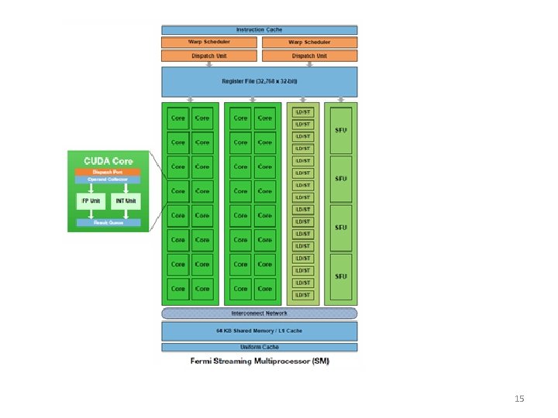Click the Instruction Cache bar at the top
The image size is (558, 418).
259,29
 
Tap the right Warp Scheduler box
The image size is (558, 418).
309,42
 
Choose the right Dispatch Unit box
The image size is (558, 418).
309,56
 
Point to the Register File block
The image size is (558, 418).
259,81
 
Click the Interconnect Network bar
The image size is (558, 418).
259,313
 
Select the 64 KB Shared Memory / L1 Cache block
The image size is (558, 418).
259,331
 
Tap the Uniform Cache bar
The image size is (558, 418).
259,347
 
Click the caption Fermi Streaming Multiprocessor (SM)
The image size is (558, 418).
259,361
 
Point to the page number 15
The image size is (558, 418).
519,399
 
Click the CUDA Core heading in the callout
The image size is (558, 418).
108,160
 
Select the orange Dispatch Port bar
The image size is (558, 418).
108,172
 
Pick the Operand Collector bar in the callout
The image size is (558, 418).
108,180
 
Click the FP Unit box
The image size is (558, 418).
91,201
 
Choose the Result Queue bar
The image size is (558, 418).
108,223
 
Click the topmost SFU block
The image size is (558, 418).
341,129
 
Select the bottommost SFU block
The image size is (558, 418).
341,276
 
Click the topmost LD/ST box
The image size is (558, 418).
303,111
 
